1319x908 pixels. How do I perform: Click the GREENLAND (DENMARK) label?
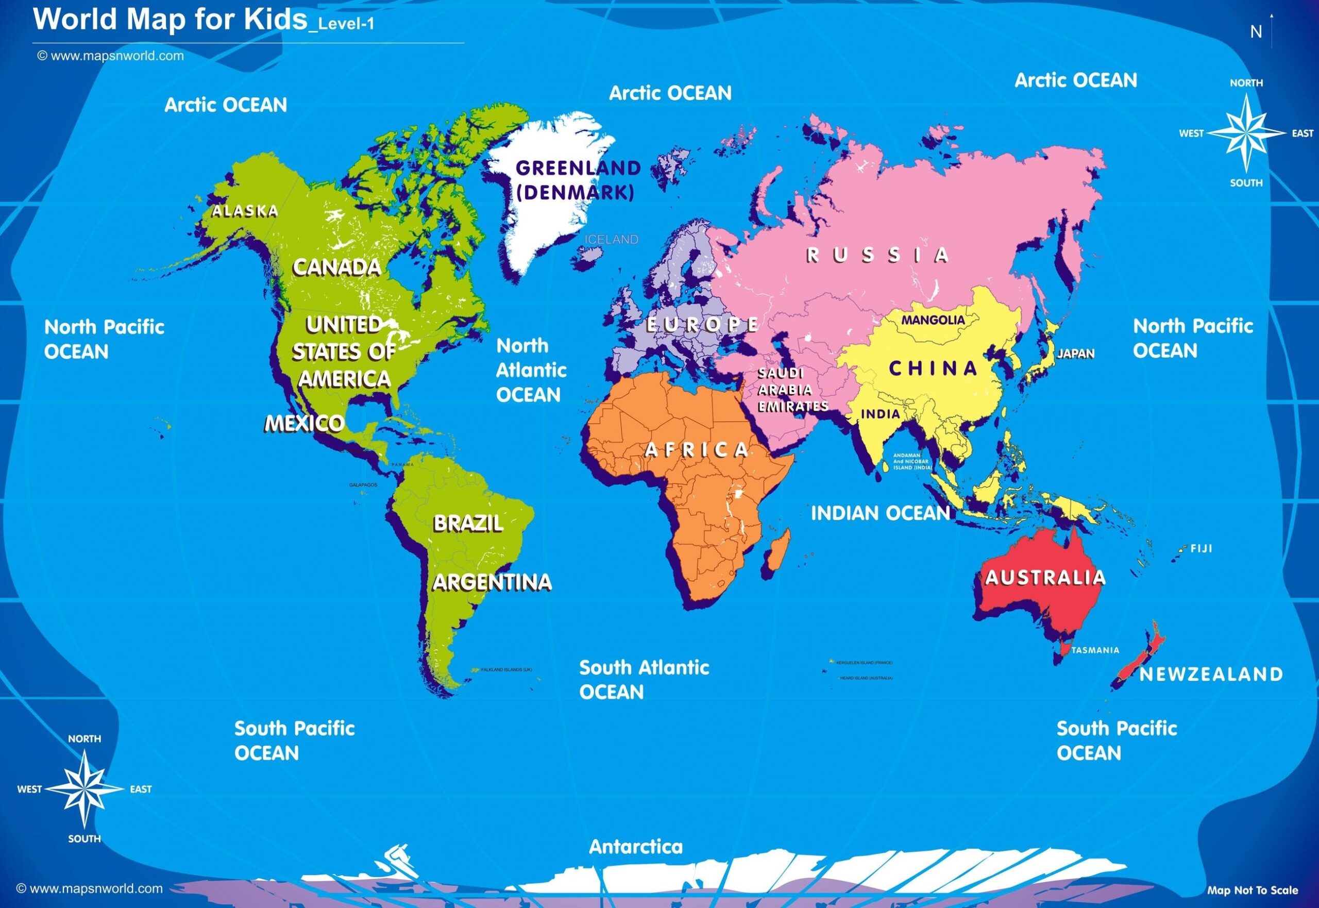[577, 180]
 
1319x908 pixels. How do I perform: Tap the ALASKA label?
[245, 212]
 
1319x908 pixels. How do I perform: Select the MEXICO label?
[305, 423]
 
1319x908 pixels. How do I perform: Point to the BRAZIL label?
[468, 524]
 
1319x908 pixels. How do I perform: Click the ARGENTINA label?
[492, 582]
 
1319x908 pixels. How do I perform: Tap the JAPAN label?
[1076, 354]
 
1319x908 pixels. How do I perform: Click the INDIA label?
[881, 414]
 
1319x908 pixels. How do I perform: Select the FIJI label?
[1201, 549]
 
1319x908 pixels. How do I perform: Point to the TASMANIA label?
[1095, 650]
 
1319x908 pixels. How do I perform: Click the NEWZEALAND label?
[1211, 675]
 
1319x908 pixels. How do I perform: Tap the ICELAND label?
[612, 240]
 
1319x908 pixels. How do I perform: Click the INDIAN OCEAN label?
[881, 513]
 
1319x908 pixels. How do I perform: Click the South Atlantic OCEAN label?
[644, 679]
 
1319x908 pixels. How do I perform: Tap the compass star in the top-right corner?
[1246, 132]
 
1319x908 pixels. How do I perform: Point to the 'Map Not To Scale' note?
[1253, 890]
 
